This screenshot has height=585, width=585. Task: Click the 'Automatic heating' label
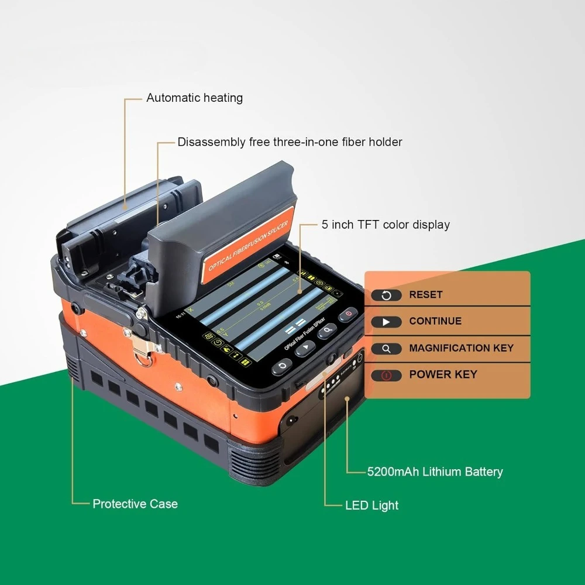(x=194, y=98)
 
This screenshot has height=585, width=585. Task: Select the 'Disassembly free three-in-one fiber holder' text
(x=290, y=142)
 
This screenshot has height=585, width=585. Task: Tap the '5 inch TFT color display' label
(x=386, y=225)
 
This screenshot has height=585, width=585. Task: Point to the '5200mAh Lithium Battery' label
(x=435, y=472)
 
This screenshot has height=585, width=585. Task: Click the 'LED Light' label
(x=372, y=505)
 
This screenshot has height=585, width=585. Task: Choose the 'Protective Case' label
(x=135, y=504)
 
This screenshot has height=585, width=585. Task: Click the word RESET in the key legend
(x=426, y=295)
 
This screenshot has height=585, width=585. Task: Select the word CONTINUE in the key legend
(x=435, y=321)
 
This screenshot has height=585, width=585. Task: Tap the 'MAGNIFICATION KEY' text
(x=461, y=348)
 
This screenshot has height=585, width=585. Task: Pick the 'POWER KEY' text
(x=443, y=374)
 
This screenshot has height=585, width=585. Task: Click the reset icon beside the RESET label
(x=386, y=295)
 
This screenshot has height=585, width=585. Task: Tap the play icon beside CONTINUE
(x=386, y=322)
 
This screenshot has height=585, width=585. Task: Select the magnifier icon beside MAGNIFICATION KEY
(x=386, y=349)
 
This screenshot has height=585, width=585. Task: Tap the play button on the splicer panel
(x=305, y=349)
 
